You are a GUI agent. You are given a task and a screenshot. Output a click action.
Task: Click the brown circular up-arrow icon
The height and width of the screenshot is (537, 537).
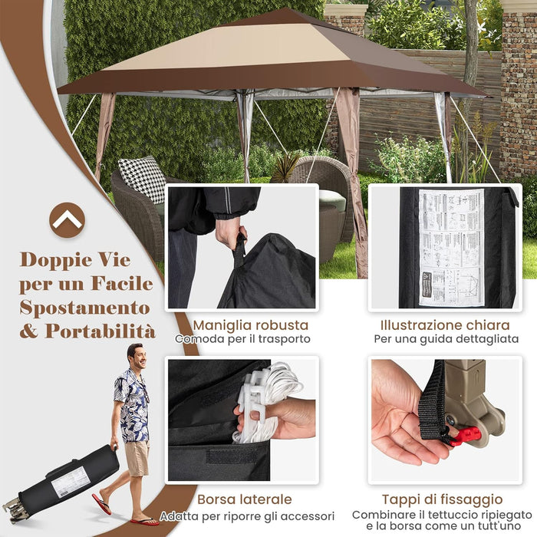tap(68, 220)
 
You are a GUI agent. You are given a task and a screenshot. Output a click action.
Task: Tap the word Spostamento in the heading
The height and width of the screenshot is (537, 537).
tap(84, 308)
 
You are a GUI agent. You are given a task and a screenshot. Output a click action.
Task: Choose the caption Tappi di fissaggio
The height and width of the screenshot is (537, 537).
tap(442, 500)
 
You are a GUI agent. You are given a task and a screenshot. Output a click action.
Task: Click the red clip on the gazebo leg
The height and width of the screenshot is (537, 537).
tap(466, 436)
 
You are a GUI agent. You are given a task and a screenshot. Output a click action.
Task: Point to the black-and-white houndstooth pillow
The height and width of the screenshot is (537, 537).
tap(142, 178)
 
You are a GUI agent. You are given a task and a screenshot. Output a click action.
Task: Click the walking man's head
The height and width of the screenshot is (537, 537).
tap(135, 357)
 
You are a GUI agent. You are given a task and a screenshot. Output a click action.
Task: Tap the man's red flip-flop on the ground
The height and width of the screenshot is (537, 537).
tap(101, 504)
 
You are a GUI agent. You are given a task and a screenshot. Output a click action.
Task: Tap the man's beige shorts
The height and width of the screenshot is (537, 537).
tap(137, 458)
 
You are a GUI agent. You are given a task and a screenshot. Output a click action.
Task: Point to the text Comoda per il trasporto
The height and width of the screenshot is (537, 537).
tap(242, 339)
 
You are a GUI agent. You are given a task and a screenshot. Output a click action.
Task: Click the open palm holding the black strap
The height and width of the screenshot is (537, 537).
tap(399, 418)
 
